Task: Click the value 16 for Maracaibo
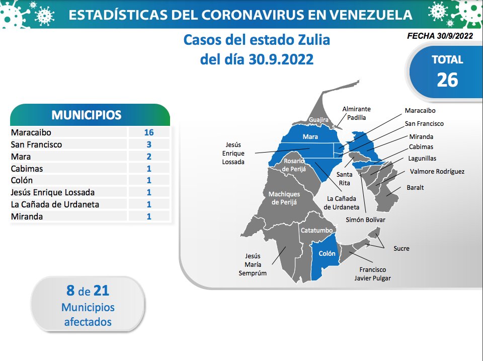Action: pos(149,132)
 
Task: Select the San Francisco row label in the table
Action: pos(36,145)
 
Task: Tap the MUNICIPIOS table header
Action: pos(87,115)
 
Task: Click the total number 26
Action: pos(447,80)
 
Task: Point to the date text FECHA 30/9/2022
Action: pos(440,36)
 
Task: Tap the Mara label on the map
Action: pos(310,136)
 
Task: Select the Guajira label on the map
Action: pos(318,120)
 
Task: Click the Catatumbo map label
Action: pos(316,230)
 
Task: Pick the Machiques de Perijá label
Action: pos(284,198)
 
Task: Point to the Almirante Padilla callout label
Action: pos(356,113)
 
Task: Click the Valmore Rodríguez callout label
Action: pos(437,171)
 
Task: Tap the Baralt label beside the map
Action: pos(415,187)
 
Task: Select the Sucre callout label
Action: pos(401,249)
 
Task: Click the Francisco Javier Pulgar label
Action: pos(372,274)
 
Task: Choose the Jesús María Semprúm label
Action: pos(253,264)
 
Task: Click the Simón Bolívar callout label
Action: pos(365,220)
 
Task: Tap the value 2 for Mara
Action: pos(149,156)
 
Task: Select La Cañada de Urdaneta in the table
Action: pos(55,204)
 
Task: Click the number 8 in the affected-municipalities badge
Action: pos(70,291)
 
